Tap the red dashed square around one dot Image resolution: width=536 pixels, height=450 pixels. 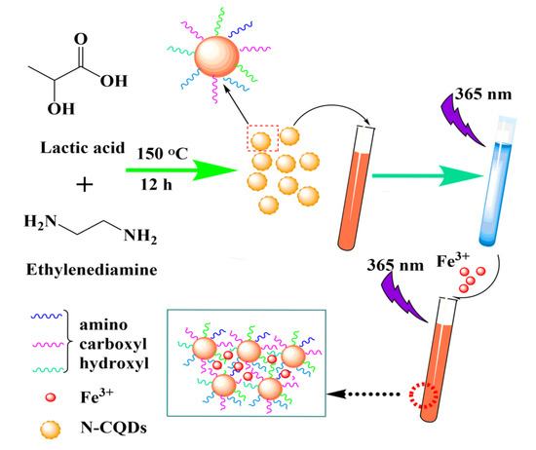pos(260,140)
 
